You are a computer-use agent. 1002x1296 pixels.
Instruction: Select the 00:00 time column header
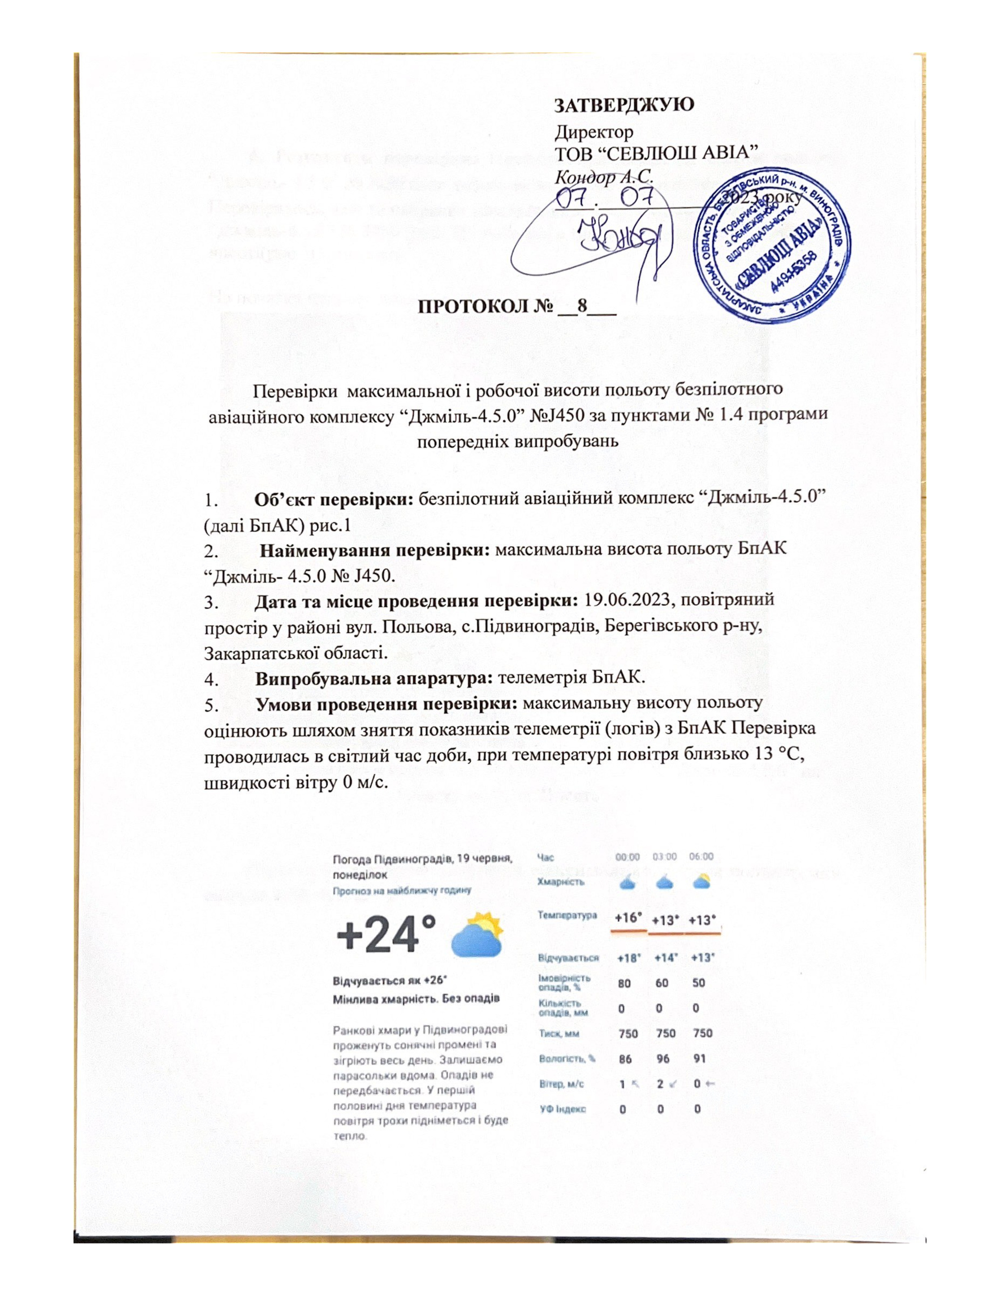pyautogui.click(x=628, y=857)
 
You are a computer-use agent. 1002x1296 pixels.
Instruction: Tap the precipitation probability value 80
pyautogui.click(x=624, y=983)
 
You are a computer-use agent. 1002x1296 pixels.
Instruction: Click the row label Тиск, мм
pyautogui.click(x=559, y=1033)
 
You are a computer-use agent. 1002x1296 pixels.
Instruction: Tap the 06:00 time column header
pyautogui.click(x=701, y=857)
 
